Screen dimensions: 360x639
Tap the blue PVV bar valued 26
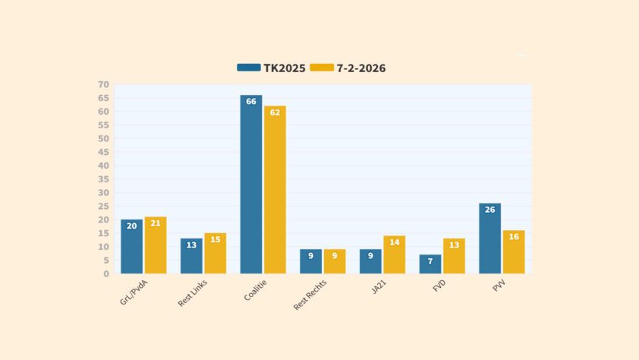(489, 238)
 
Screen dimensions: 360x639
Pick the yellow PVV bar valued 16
(514, 252)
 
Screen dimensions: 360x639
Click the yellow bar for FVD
(454, 256)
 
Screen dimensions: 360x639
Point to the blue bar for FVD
(430, 264)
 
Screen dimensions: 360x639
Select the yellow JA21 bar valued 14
(394, 254)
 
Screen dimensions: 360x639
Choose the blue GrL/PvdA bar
(131, 247)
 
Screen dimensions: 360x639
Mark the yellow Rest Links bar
(215, 253)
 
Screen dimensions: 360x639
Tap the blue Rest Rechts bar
(310, 261)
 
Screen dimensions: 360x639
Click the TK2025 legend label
(285, 68)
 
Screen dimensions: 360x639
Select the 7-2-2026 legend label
(360, 68)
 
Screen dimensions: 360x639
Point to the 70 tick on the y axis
(103, 84)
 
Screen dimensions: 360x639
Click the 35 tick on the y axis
(103, 179)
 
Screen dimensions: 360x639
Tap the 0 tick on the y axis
(106, 273)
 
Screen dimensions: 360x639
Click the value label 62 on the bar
(275, 113)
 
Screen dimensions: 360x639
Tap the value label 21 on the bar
(156, 223)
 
